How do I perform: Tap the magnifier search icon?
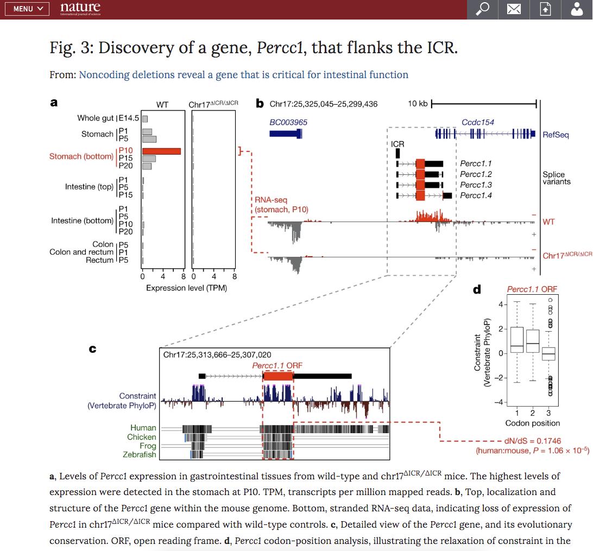coord(482,9)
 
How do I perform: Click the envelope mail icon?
coord(513,9)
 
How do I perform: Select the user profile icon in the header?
coord(577,9)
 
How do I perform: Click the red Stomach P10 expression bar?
coord(161,151)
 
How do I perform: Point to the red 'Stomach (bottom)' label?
coord(81,156)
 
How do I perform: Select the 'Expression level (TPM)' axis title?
coord(186,288)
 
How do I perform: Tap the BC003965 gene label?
coord(288,123)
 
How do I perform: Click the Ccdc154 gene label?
coord(478,123)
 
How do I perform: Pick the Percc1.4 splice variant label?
coord(476,195)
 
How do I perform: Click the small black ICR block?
coord(398,153)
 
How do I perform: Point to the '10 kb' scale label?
coord(418,104)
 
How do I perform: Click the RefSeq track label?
coord(556,135)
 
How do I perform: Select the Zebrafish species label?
coord(139,454)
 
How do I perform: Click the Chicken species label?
coord(141,437)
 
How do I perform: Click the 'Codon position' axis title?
coord(532,423)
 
